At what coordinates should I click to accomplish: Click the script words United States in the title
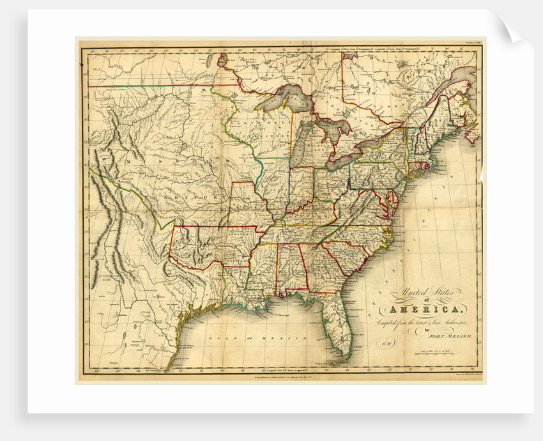pyautogui.click(x=422, y=295)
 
